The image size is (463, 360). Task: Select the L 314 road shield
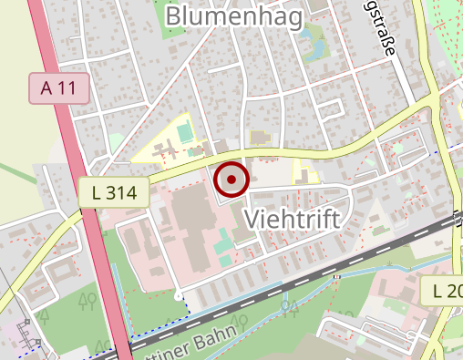[114, 191]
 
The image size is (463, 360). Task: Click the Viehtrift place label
[293, 219]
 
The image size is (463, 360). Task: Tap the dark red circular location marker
[231, 180]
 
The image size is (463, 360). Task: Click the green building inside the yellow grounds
[185, 134]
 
